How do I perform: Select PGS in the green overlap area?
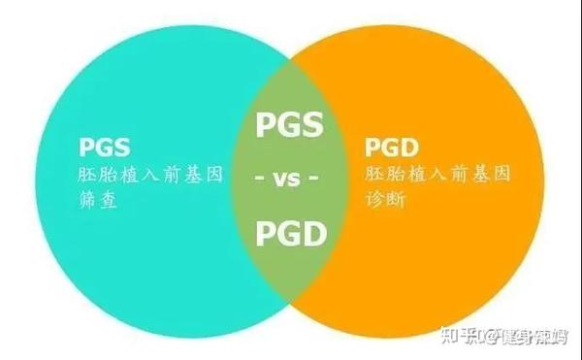point(288,125)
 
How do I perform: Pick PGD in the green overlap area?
point(288,234)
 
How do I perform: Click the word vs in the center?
point(288,180)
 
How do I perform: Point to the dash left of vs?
point(259,180)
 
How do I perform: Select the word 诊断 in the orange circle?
point(385,202)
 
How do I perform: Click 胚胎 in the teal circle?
point(97,177)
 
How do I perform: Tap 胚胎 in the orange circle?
point(385,176)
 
